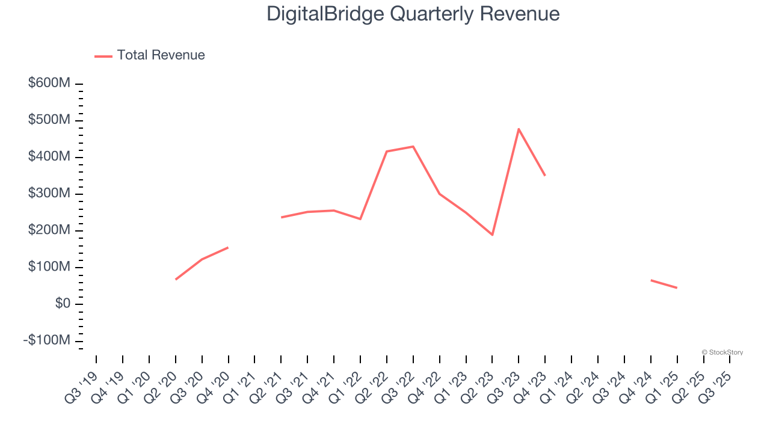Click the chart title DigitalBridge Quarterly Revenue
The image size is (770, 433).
coord(413,14)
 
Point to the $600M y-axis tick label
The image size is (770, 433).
coord(49,83)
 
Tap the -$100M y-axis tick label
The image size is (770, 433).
coord(47,340)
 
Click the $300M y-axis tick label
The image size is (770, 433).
coord(49,194)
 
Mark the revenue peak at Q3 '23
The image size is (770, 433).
coord(519,129)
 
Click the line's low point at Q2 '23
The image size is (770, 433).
coord(492,235)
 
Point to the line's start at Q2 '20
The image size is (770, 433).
coord(176,279)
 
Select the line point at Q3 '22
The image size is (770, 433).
coord(413,147)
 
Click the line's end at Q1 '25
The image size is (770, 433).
coord(677,287)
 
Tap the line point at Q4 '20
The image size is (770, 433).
coord(228,247)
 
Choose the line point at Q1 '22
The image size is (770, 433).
coord(360,219)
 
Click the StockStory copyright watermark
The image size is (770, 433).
coord(722,352)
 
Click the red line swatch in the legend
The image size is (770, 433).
coord(103,56)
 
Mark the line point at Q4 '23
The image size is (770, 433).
coord(545,175)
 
